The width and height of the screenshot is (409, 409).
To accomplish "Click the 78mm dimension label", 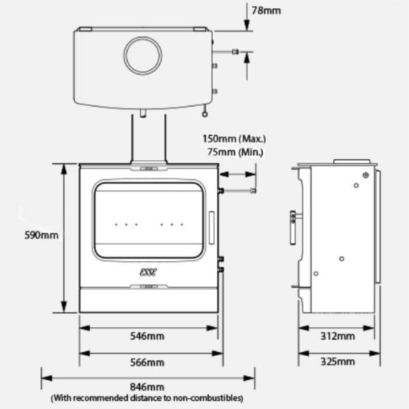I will tap(266, 11).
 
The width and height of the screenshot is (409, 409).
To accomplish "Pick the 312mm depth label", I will tap(337, 336).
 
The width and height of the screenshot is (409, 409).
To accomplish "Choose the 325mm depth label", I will tap(337, 362).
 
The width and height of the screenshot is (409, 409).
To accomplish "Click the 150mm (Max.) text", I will tap(234, 139).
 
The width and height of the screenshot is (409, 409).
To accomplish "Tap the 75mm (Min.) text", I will tap(238, 153).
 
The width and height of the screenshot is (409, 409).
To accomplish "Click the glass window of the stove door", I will tap(149, 220).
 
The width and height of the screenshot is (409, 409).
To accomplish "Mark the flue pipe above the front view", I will tap(148, 140).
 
